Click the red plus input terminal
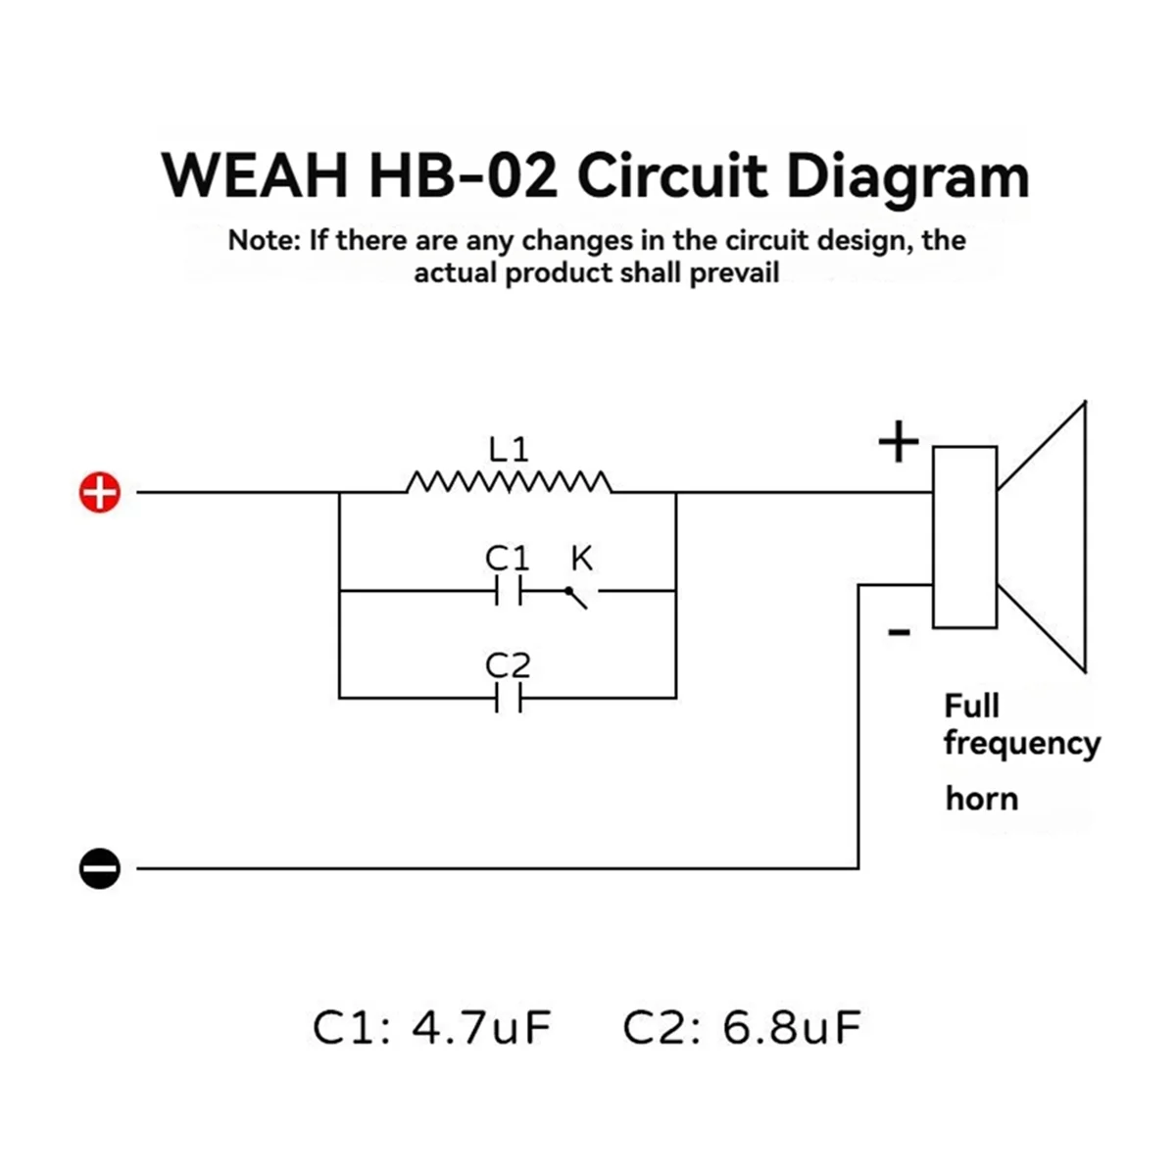(x=100, y=492)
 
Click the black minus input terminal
(x=100, y=868)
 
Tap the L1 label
(x=509, y=450)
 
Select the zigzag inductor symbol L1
(x=509, y=481)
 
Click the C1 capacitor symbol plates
(x=509, y=590)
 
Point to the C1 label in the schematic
(x=507, y=558)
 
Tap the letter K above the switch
(x=581, y=558)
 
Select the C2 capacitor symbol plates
(x=509, y=698)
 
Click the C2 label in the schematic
(x=508, y=665)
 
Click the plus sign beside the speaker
(x=899, y=442)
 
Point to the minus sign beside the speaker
(x=899, y=633)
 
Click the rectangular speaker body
(x=965, y=537)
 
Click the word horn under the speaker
(x=982, y=799)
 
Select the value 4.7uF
(x=481, y=1028)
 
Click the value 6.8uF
(x=792, y=1028)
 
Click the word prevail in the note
(x=734, y=272)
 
